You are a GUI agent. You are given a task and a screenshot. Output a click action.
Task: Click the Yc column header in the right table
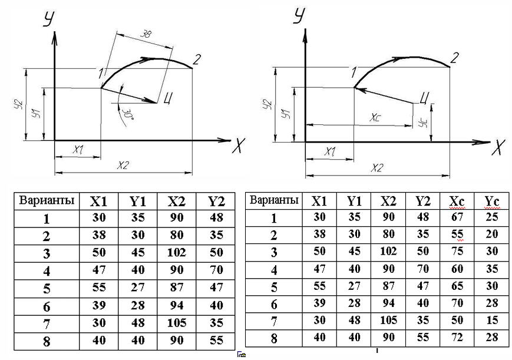pyautogui.click(x=492, y=202)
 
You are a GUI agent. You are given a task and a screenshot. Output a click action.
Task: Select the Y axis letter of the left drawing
pyautogui.click(x=48, y=19)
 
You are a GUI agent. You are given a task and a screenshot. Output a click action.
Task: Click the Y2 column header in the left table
pyautogui.click(x=216, y=201)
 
